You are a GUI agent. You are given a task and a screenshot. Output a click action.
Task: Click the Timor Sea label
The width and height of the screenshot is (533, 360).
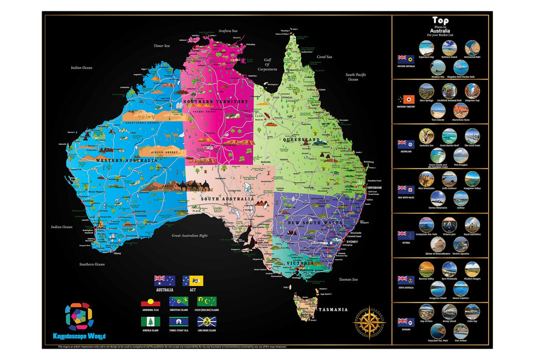[x=161, y=46]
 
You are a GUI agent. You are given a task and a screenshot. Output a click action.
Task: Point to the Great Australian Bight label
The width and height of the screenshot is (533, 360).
[x=189, y=235]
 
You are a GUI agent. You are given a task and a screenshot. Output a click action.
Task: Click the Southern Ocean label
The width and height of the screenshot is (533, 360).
[x=92, y=264]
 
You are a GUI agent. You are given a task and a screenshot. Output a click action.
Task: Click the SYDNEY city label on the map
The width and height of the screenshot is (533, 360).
[x=352, y=242]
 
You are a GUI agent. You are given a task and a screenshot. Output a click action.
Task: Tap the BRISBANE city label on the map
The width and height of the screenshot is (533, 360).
[x=374, y=187]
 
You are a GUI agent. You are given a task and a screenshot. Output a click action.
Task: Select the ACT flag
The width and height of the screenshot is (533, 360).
[x=193, y=281]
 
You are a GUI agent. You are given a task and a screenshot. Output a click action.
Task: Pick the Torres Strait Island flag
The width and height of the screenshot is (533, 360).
[x=179, y=322]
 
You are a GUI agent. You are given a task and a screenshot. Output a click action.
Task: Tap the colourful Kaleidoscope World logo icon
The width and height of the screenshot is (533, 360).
[x=79, y=316]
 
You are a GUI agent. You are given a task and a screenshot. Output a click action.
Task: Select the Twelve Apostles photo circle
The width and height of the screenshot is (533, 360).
[x=460, y=244]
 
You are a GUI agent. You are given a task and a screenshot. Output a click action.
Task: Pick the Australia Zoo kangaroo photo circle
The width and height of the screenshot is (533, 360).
[x=426, y=136]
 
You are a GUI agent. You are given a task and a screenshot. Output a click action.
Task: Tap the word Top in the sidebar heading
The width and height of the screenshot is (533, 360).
[x=440, y=21]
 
